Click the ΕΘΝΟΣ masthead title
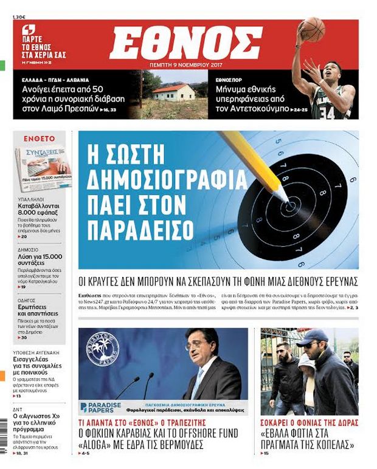point(185,43)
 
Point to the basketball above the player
point(313,29)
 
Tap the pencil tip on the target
point(286,200)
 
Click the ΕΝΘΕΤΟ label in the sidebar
point(40,139)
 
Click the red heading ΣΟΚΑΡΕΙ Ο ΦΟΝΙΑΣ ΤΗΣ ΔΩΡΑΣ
point(309,422)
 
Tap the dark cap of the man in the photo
point(311,336)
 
